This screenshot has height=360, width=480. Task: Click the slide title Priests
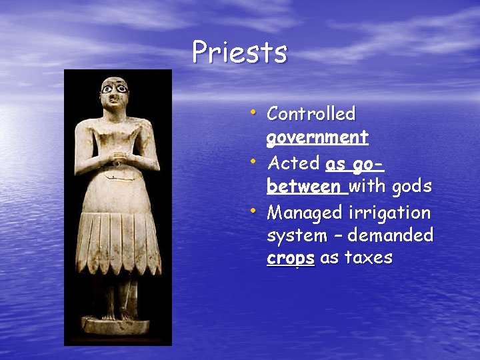click(x=239, y=52)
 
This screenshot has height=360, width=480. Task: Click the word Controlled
click(x=311, y=114)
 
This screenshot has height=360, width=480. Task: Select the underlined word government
click(x=317, y=138)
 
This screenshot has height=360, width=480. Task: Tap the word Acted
click(x=294, y=163)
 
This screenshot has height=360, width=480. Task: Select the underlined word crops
click(x=290, y=259)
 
